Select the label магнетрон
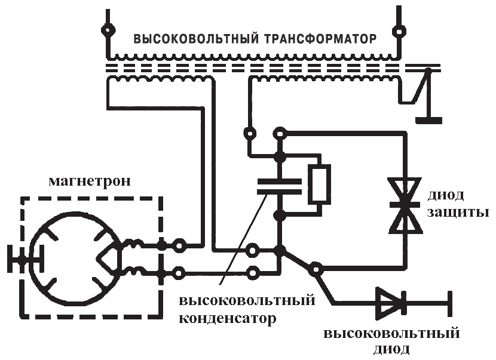pos(90,181)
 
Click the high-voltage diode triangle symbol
pos(389,303)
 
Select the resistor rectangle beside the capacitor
pos(319,186)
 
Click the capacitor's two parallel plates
pos(279,186)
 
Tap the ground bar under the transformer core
pos(428,119)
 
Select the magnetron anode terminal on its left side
pos(23,261)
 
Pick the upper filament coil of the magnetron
pos(133,244)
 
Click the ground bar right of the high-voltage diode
pos(450,303)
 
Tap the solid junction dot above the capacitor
pos(279,158)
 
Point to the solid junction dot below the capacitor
pos(279,215)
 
